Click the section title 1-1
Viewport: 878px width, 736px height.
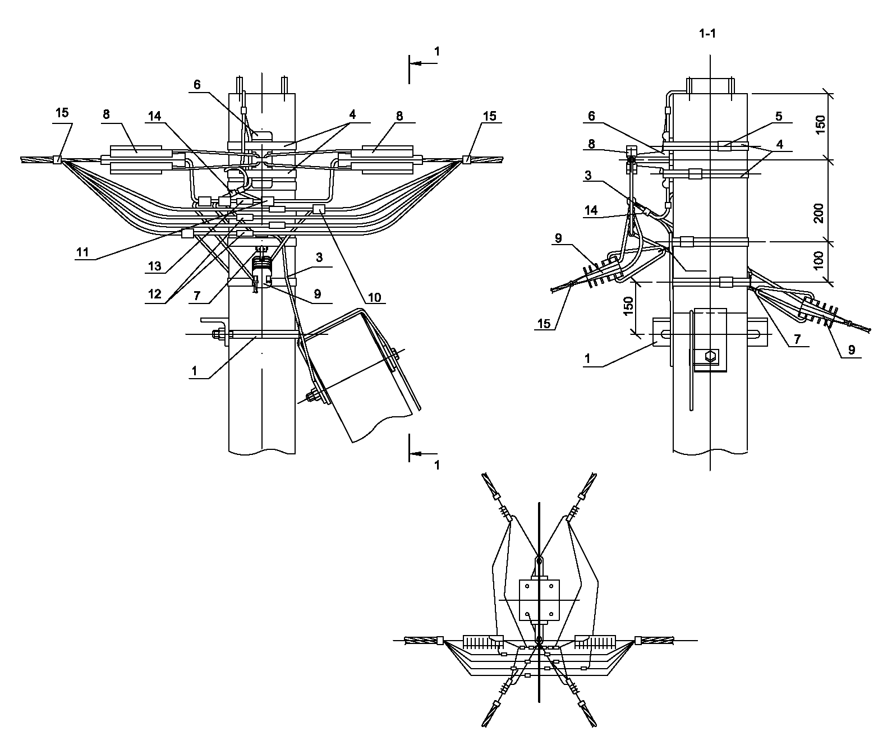point(707,34)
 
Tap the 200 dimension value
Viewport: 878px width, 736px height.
point(819,213)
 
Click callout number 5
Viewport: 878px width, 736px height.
point(778,117)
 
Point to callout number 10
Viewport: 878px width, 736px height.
point(374,298)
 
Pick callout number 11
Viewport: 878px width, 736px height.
point(82,252)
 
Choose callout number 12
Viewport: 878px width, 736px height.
point(155,294)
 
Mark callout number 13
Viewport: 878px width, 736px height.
point(155,266)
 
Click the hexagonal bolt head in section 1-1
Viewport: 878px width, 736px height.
point(710,357)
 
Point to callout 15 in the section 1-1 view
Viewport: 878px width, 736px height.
point(544,324)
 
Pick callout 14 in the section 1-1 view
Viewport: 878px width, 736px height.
point(591,210)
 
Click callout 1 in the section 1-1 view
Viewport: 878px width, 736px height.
point(587,359)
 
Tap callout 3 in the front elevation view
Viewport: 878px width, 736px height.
point(319,257)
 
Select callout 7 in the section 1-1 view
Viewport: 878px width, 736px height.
point(797,339)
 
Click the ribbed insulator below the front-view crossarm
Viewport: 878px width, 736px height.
point(261,266)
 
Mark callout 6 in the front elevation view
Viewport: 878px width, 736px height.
point(197,85)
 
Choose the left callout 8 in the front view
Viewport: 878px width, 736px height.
point(106,114)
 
